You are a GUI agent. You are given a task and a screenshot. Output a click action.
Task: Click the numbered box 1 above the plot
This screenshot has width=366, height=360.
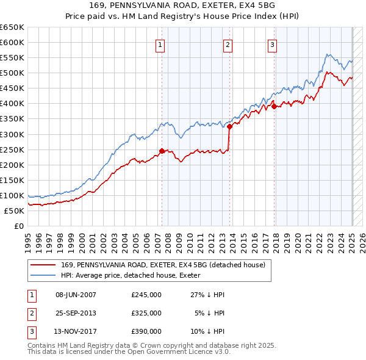pyautogui.click(x=160, y=44)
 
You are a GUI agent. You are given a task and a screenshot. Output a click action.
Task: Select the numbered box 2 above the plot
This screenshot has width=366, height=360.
pyautogui.click(x=228, y=44)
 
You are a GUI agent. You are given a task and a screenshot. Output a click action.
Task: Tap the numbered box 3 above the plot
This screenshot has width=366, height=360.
pyautogui.click(x=272, y=44)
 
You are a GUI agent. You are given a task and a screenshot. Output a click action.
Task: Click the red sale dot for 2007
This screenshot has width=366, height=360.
pyautogui.click(x=162, y=151)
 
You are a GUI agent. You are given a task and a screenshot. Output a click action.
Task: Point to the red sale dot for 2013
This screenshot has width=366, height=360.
pyautogui.click(x=230, y=126)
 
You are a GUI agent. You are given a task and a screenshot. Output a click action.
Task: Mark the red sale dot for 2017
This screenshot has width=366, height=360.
pyautogui.click(x=274, y=106)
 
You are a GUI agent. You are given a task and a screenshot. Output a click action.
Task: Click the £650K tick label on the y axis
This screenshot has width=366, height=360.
pyautogui.click(x=12, y=27)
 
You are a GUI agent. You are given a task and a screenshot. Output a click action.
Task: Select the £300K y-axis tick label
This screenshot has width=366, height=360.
pyautogui.click(x=12, y=134)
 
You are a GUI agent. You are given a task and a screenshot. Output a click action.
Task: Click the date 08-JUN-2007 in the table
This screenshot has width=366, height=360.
pyautogui.click(x=76, y=295)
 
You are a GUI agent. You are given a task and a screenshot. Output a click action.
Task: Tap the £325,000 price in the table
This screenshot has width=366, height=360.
pyautogui.click(x=146, y=313)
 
